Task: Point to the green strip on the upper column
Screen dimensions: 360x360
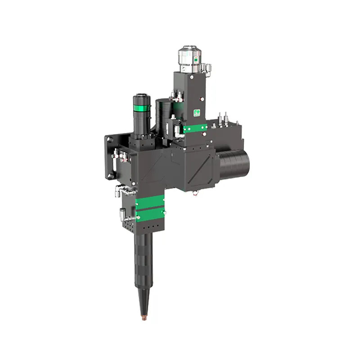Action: pyautogui.click(x=195, y=129)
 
